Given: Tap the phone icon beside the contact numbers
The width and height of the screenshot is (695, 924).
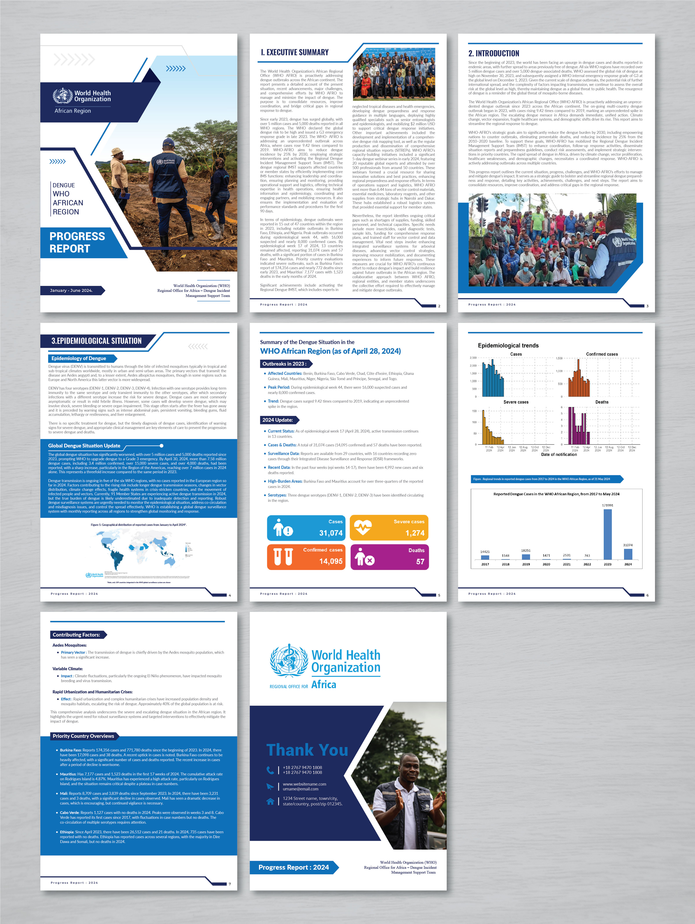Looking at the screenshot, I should coord(270,770).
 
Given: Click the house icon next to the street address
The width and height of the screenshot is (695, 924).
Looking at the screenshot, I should coord(270,801).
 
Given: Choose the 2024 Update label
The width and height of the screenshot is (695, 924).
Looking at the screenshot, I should coord(278,420).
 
